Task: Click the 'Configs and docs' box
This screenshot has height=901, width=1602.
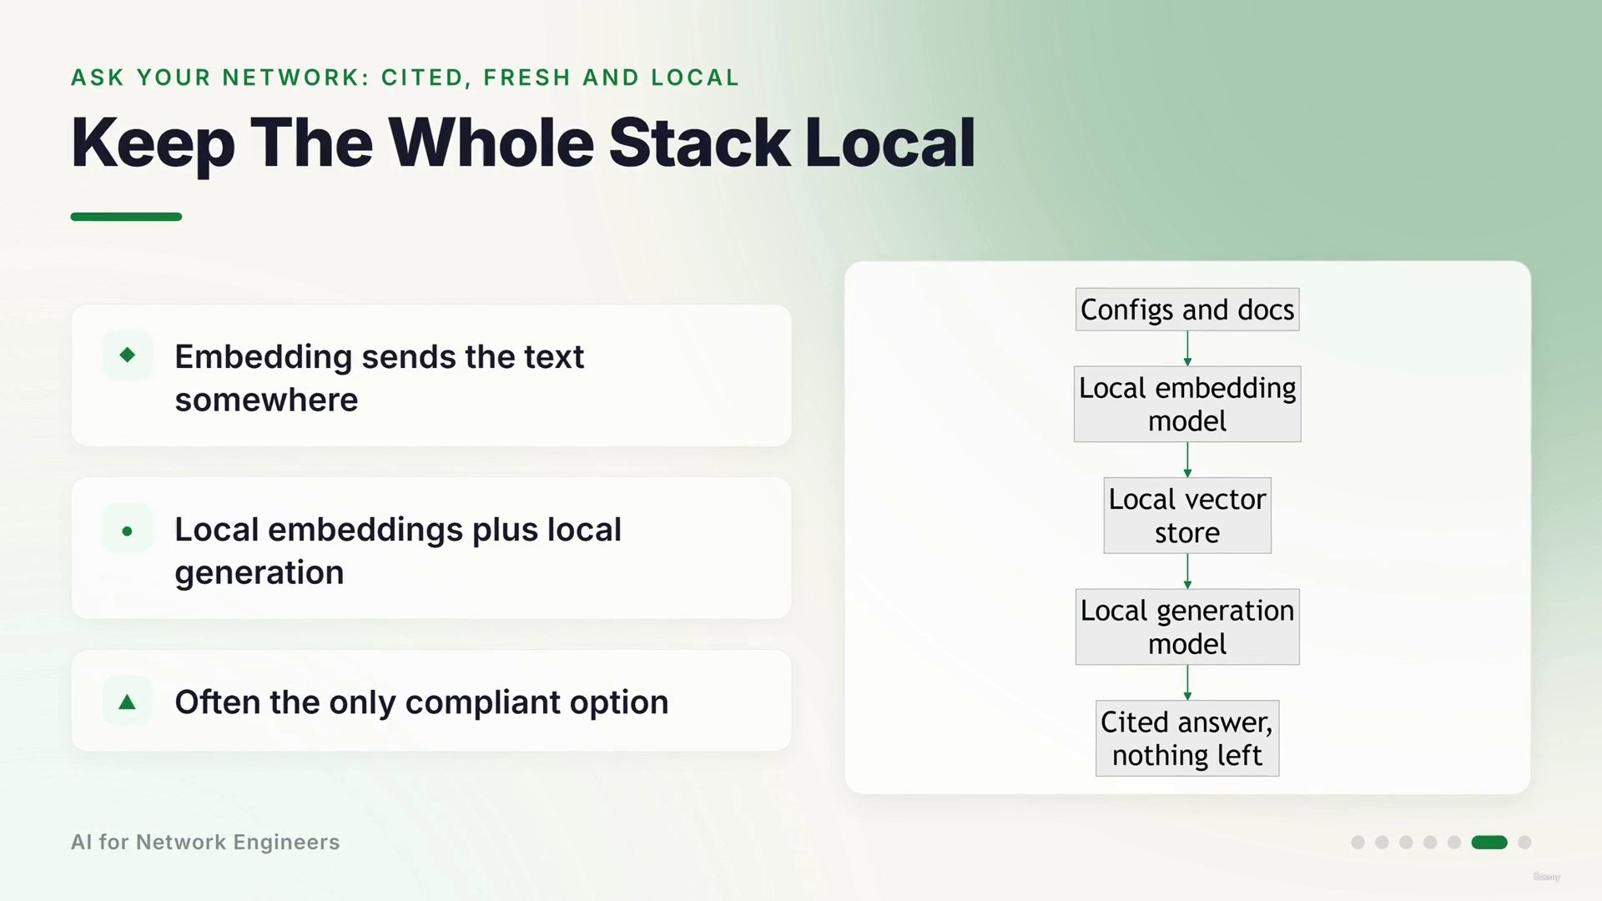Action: coord(1187,310)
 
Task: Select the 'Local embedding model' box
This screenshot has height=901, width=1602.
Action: coord(1187,404)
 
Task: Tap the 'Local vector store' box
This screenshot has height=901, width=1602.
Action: coord(1187,516)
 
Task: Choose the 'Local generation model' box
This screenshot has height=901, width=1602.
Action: coord(1187,627)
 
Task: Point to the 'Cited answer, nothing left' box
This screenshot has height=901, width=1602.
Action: coord(1187,738)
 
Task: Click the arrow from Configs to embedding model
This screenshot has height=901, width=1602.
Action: coord(1187,349)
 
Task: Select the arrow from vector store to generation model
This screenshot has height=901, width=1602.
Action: coord(1187,571)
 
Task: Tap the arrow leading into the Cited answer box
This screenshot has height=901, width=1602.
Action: coord(1187,682)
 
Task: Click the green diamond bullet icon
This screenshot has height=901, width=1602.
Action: coord(128,355)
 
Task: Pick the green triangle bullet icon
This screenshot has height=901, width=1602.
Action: coord(128,702)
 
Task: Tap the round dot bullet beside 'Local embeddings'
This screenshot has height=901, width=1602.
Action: coord(127,531)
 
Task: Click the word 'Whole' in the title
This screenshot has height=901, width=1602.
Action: coord(491,143)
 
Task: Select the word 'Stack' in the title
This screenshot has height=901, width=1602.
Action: coord(699,143)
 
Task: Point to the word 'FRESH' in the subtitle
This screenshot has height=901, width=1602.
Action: coord(527,78)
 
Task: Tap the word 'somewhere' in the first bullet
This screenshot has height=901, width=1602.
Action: coord(266,400)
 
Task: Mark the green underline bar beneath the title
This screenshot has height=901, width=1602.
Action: coord(126,217)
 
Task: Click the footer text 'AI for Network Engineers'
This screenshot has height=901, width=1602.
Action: coord(205,843)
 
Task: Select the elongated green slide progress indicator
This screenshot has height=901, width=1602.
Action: coord(1489,843)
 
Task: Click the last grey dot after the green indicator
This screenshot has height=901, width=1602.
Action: coord(1524,843)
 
